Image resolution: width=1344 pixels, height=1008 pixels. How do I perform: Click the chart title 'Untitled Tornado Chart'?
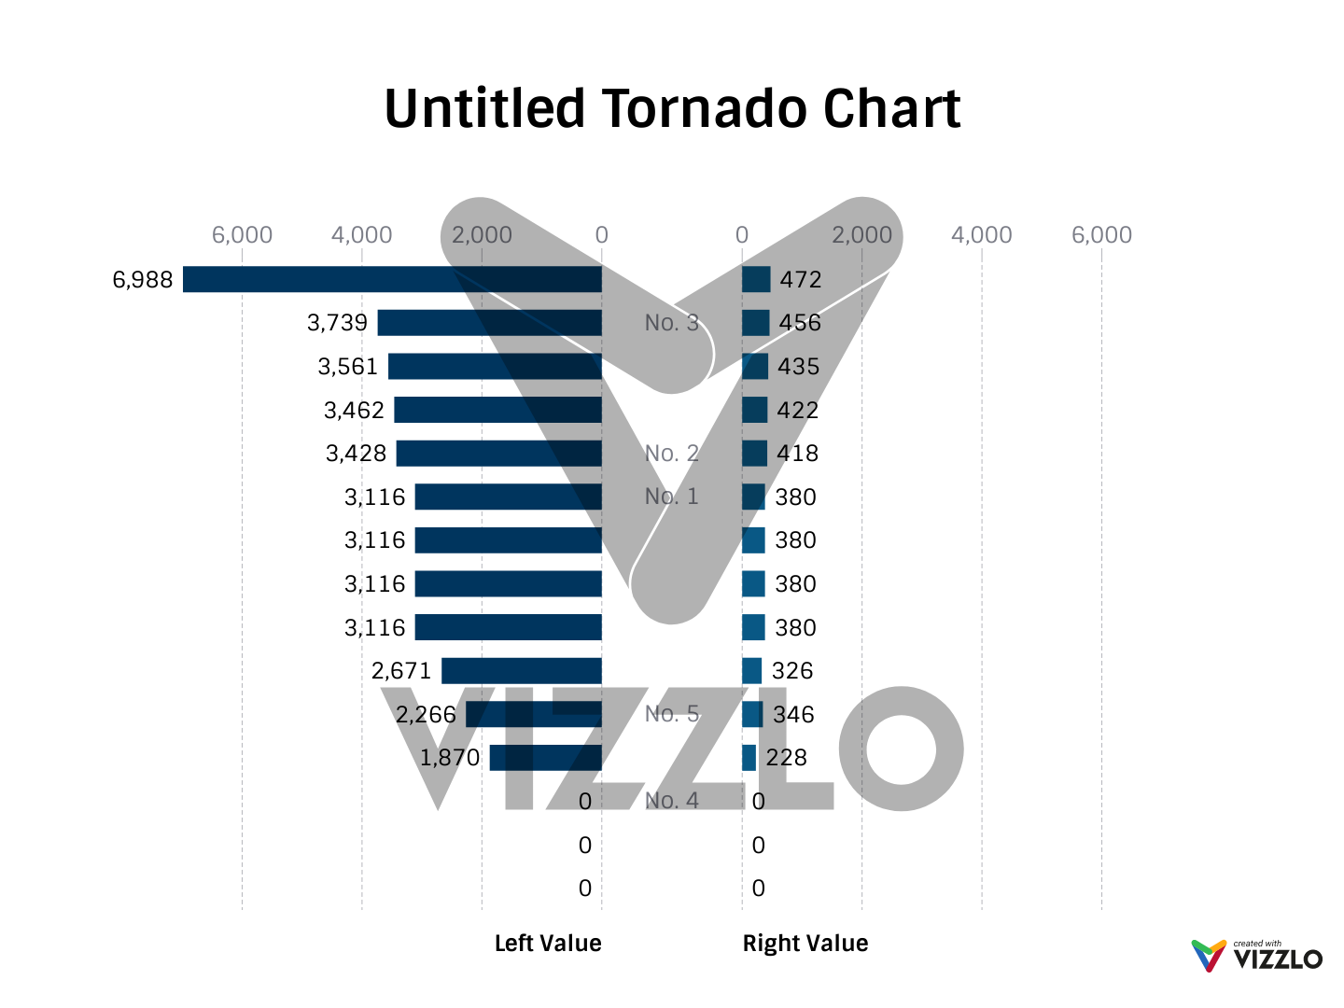pyautogui.click(x=672, y=109)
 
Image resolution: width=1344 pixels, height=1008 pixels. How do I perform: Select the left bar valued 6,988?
pyautogui.click(x=392, y=280)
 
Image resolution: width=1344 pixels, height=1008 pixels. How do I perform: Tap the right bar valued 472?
pyautogui.click(x=756, y=280)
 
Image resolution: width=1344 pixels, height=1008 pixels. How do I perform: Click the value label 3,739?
pyautogui.click(x=337, y=323)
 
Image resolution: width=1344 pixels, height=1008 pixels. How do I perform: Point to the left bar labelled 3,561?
pyautogui.click(x=495, y=367)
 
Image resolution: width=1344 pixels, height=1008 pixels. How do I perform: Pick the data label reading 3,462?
pyautogui.click(x=354, y=411)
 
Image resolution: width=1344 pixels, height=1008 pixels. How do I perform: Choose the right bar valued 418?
pyautogui.click(x=754, y=454)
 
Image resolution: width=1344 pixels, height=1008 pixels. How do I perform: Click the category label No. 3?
pyautogui.click(x=671, y=323)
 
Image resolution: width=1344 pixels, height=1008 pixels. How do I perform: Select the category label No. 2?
pyautogui.click(x=671, y=454)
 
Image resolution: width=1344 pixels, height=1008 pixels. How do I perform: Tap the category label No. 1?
pyautogui.click(x=671, y=497)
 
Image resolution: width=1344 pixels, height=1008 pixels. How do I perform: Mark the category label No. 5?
pyautogui.click(x=671, y=714)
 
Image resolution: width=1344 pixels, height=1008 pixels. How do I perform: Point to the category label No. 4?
pyautogui.click(x=671, y=801)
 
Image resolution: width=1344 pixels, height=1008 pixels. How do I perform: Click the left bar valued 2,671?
pyautogui.click(x=522, y=671)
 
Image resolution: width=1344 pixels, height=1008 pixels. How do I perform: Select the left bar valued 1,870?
pyautogui.click(x=546, y=758)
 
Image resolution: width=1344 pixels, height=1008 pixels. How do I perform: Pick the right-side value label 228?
pyautogui.click(x=787, y=758)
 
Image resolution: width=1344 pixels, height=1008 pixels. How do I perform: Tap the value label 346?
pyautogui.click(x=793, y=715)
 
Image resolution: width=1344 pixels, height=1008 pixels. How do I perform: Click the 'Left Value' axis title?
pyautogui.click(x=548, y=944)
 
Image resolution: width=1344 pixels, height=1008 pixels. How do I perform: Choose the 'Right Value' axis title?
pyautogui.click(x=805, y=944)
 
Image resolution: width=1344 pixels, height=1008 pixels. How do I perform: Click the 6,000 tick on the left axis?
pyautogui.click(x=242, y=235)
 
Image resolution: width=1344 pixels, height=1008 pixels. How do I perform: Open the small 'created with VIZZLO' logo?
pyautogui.click(x=1257, y=956)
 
